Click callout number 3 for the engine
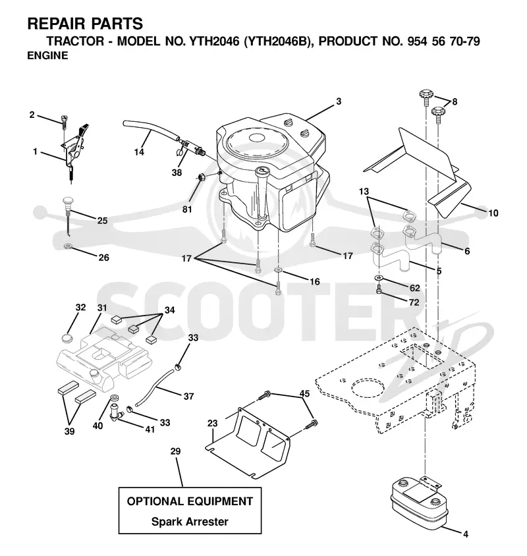click(339, 101)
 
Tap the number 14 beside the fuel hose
click(139, 152)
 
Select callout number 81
click(187, 209)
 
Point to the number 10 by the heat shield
click(493, 213)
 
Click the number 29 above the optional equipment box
click(175, 451)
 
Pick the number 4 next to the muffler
click(466, 534)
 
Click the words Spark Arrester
click(190, 522)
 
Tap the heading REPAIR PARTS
click(85, 24)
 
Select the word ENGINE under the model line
click(47, 56)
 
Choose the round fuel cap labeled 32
click(67, 338)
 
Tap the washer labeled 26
click(67, 246)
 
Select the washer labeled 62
click(379, 277)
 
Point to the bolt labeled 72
click(379, 290)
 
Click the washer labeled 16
click(279, 271)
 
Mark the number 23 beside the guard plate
click(212, 423)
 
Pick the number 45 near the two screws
click(304, 393)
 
